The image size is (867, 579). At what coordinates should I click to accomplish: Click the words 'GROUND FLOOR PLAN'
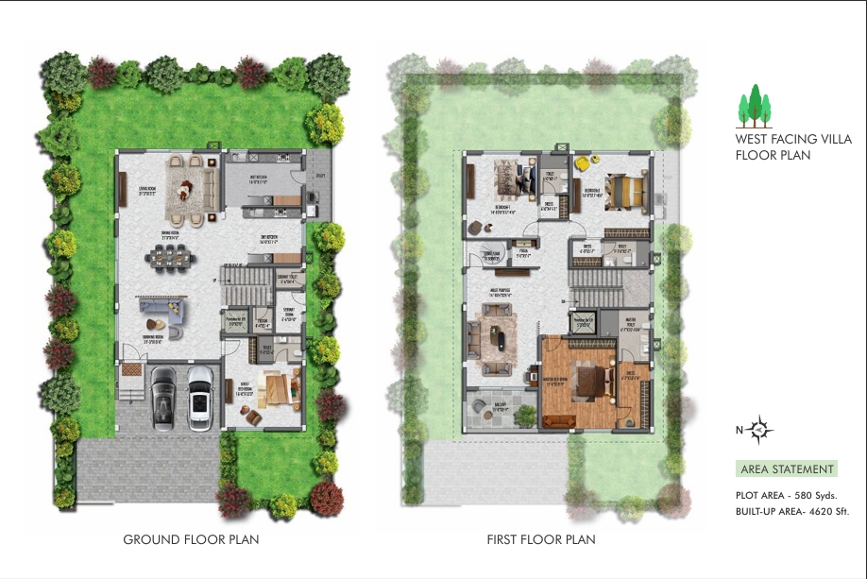(191, 540)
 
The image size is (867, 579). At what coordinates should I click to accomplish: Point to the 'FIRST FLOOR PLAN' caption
(541, 540)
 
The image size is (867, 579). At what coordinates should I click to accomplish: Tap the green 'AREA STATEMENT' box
(786, 469)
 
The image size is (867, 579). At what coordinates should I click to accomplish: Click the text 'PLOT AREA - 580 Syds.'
(787, 495)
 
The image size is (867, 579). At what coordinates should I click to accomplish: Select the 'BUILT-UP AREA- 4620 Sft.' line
(792, 511)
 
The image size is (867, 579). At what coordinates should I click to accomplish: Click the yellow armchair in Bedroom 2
(583, 163)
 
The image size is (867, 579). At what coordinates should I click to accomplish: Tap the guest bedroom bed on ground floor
(279, 388)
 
